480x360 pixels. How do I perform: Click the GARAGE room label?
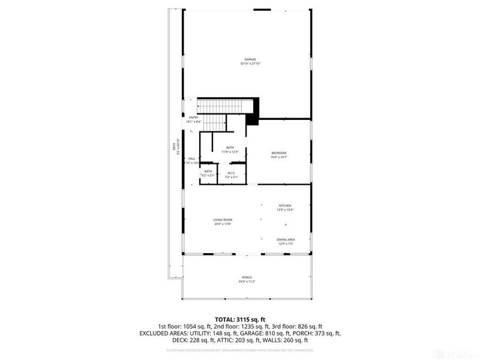coord(250,59)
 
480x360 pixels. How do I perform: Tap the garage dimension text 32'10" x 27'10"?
coord(250,64)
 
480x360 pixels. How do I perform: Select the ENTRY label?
coord(193,117)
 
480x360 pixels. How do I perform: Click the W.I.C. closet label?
coord(231,173)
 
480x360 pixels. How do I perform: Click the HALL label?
coord(191,158)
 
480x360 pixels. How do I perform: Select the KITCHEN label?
coord(284,205)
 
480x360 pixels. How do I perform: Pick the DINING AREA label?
coord(286,239)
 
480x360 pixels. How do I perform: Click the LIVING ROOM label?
coord(222,220)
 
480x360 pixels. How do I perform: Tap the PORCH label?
coord(247,278)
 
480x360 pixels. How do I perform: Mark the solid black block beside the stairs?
coord(252,112)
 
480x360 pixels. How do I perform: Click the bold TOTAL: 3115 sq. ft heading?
coord(240,319)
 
